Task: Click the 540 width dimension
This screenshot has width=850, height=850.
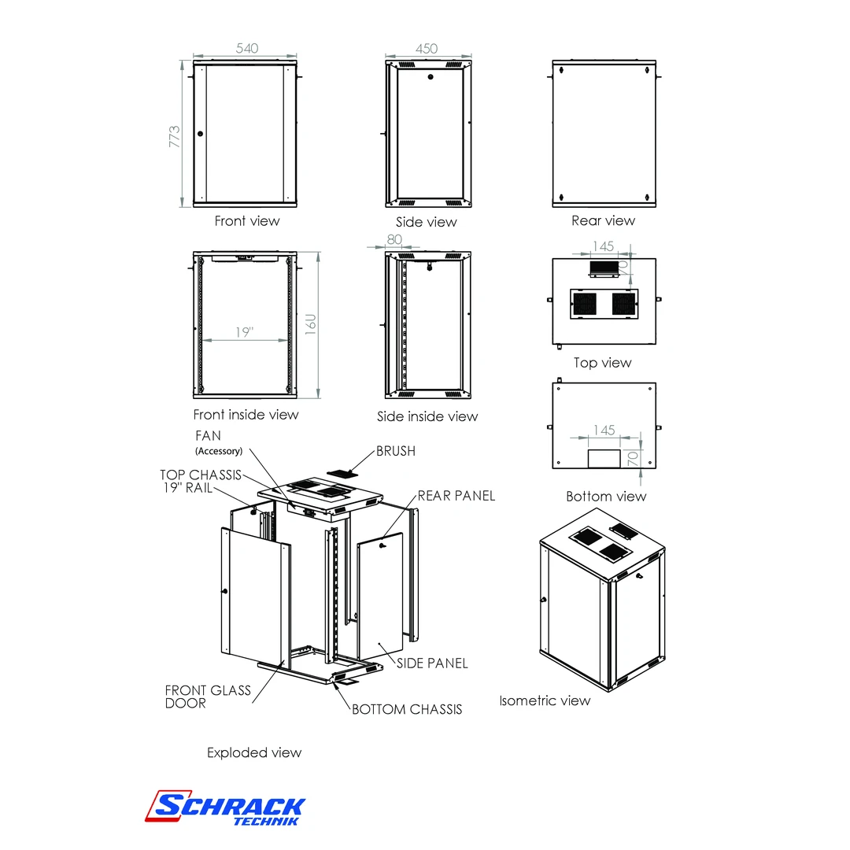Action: coord(247,49)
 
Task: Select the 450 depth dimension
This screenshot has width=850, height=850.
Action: coord(427,49)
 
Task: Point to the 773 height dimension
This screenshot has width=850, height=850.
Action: coord(175,135)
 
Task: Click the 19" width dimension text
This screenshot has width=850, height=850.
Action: coord(244,333)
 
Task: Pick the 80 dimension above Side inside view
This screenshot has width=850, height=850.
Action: coord(394,239)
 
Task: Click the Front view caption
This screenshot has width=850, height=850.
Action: coord(247,221)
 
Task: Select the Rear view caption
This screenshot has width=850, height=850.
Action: coord(603,221)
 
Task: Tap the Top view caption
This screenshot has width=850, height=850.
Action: coord(603,363)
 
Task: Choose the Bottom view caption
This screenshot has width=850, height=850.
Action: coord(606,497)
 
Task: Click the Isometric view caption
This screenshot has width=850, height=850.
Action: coord(545,700)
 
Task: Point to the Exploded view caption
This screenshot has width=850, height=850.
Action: coord(254,753)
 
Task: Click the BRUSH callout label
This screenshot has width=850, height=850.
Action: coord(396,452)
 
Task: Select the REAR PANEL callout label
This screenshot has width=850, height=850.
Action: coord(456,496)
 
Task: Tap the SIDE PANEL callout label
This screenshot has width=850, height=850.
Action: coord(432,663)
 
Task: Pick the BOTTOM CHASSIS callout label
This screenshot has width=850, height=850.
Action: coord(407,710)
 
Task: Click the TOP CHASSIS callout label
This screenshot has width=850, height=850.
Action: coord(201,475)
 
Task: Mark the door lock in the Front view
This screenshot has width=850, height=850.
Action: coord(200,134)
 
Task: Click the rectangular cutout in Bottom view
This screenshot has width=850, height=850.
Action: coord(604,459)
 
